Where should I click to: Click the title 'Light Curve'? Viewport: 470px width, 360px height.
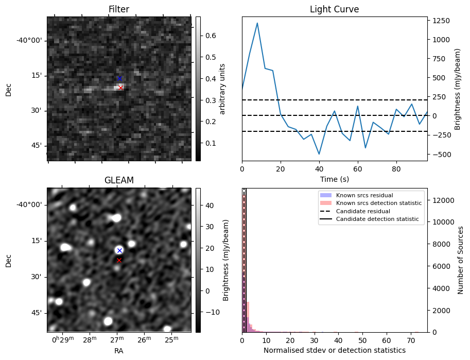(x=334, y=9)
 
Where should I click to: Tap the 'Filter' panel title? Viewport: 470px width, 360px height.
(x=118, y=9)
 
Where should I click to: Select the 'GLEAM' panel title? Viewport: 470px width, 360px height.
(x=118, y=180)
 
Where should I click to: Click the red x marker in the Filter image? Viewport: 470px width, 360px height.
(x=120, y=88)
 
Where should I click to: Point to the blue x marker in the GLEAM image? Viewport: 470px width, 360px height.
(x=119, y=250)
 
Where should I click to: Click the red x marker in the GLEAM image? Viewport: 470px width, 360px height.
(x=119, y=260)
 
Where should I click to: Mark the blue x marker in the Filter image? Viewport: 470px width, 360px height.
(x=119, y=78)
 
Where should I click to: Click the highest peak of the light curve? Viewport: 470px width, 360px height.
(x=257, y=23)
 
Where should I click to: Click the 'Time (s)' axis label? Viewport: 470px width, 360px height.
(x=334, y=179)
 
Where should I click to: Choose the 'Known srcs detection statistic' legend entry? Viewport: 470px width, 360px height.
(x=378, y=203)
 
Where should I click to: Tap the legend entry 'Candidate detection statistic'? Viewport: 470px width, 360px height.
(x=377, y=219)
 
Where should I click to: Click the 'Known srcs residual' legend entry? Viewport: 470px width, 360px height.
(x=364, y=195)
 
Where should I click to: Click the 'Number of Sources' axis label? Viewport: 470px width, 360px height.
(x=461, y=260)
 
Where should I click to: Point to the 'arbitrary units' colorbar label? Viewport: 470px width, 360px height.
(x=222, y=89)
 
